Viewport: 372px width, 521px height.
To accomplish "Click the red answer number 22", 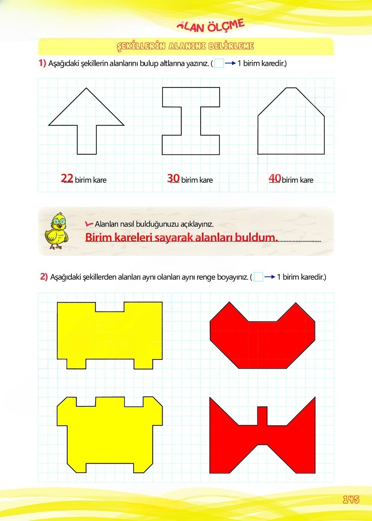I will (x=67, y=178).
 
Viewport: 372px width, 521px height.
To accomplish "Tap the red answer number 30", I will (x=173, y=178).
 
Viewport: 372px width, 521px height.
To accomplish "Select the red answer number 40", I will (x=275, y=178).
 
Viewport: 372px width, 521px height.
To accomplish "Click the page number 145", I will (x=351, y=499).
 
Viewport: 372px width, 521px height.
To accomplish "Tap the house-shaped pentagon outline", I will (x=291, y=127).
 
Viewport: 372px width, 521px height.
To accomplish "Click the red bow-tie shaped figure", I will (x=262, y=435).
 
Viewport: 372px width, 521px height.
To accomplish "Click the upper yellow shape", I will (x=110, y=335).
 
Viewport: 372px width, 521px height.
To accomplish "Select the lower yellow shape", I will (x=110, y=435).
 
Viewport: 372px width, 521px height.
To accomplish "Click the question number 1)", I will (x=42, y=63).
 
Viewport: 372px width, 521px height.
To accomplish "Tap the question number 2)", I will (x=44, y=277).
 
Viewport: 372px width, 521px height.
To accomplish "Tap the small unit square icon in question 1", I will (x=219, y=63).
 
